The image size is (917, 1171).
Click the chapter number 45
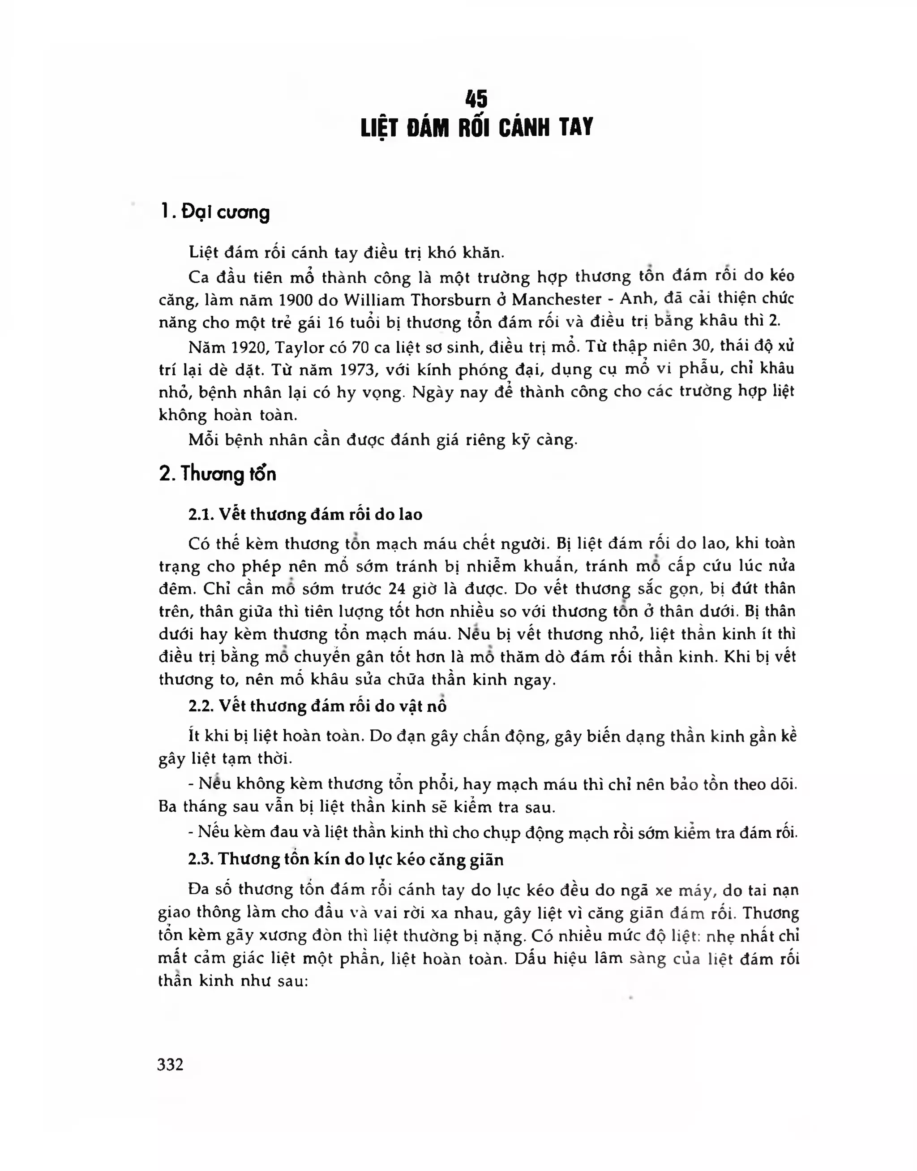(477, 100)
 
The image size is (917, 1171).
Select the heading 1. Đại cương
(215, 213)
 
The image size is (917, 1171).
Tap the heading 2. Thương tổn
(218, 474)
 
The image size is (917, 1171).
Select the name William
(372, 299)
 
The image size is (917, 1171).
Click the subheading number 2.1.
(201, 515)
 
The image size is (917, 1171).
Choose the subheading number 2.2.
(201, 706)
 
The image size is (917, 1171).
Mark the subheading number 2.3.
(201, 860)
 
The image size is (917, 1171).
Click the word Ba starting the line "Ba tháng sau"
(167, 807)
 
